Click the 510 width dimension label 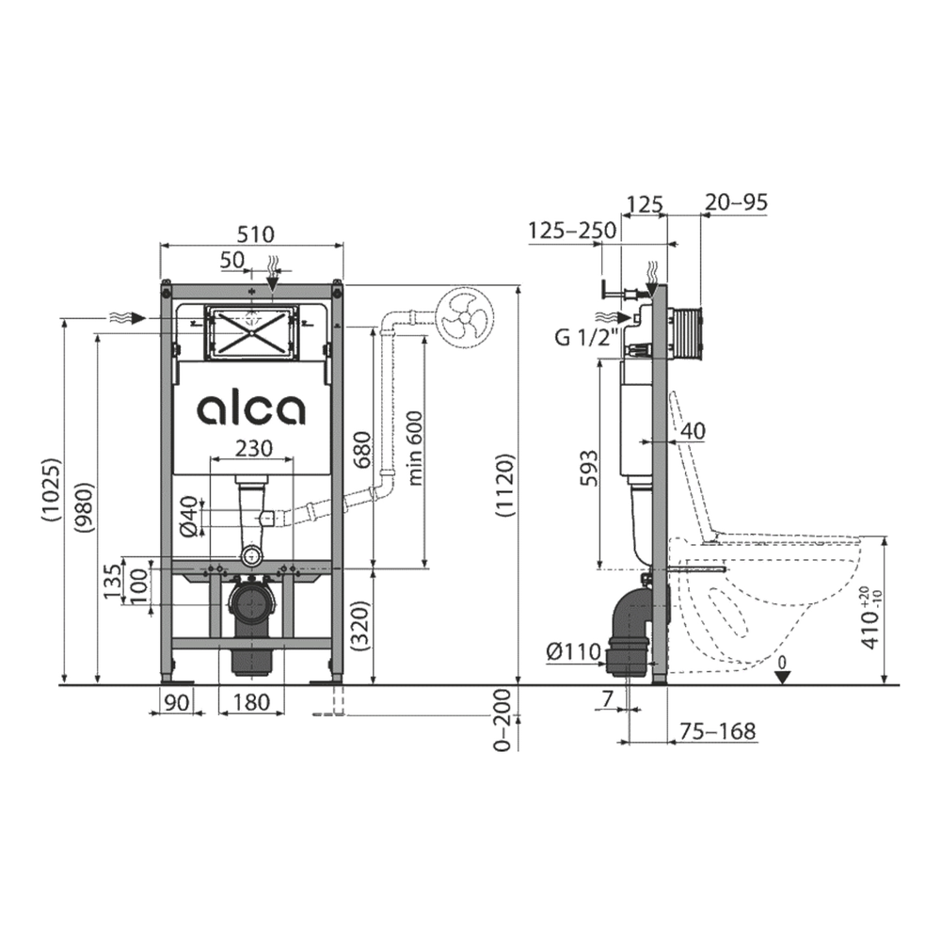[256, 233]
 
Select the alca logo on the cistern [251, 409]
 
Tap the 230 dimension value [254, 448]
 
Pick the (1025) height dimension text [52, 490]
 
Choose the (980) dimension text [85, 506]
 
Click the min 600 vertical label [415, 448]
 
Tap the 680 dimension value [362, 450]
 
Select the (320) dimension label [361, 625]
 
